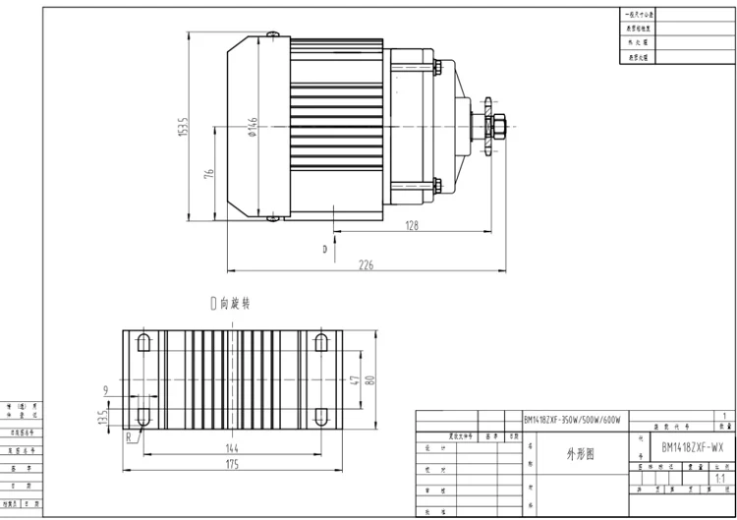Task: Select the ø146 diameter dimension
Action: [x=253, y=128]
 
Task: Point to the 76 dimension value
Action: [x=208, y=174]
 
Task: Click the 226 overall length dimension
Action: [x=365, y=262]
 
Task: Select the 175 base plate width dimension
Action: [x=232, y=463]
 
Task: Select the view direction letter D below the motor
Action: [x=323, y=250]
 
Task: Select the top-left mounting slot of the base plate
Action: [x=143, y=343]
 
